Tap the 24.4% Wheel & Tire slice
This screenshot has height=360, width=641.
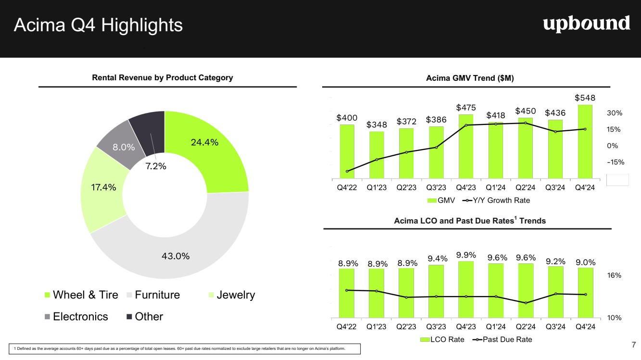pos(207,144)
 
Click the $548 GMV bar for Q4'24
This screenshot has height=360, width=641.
pos(585,141)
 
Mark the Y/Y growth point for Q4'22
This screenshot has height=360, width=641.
pos(347,171)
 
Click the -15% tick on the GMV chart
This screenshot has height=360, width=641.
pos(615,162)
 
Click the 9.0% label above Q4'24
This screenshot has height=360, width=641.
pos(585,262)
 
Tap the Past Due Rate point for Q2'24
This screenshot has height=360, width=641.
pos(526,303)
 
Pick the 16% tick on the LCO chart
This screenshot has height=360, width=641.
pos(615,275)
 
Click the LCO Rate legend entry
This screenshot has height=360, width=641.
pos(442,340)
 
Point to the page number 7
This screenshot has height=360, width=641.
pos(633,344)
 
